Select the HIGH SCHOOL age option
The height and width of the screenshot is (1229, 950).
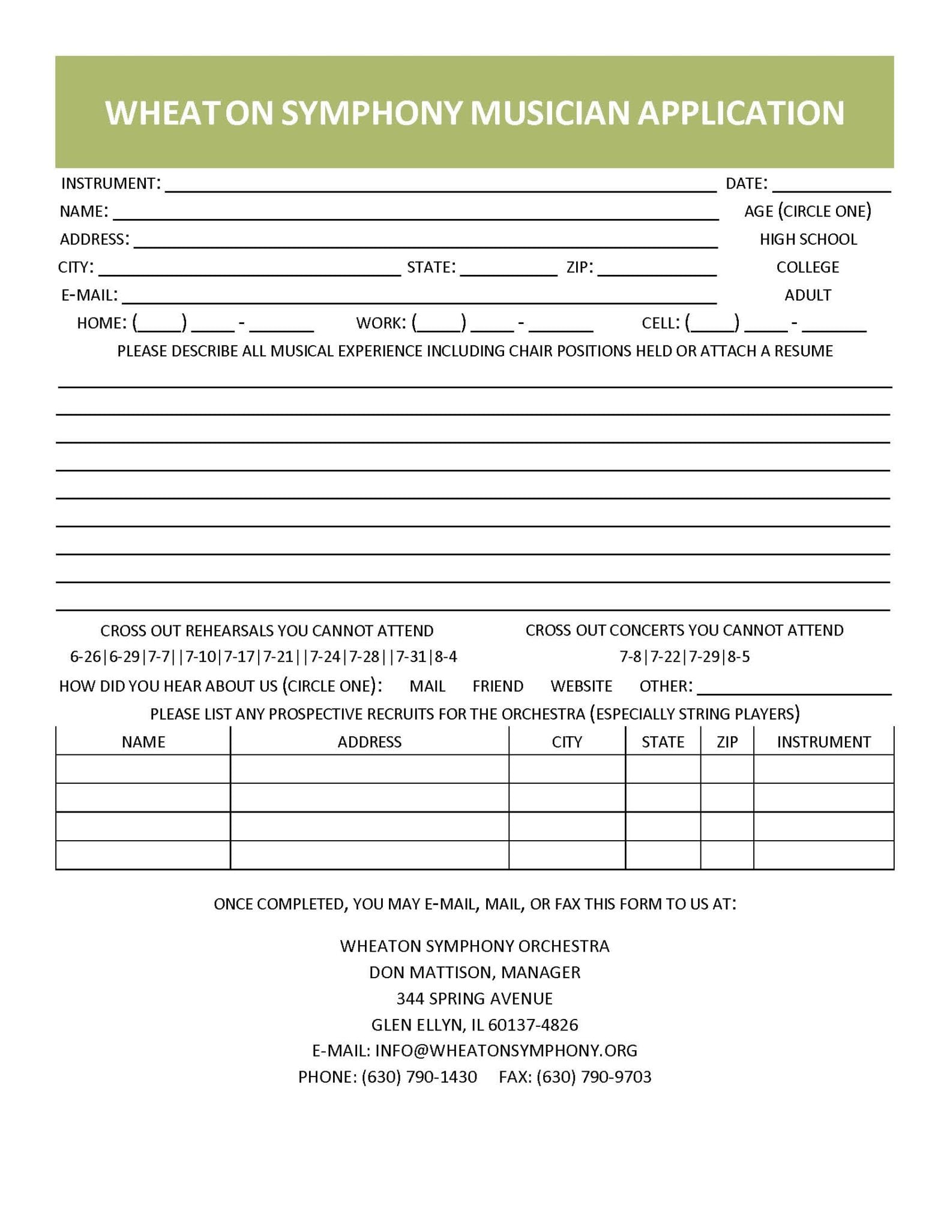pyautogui.click(x=808, y=239)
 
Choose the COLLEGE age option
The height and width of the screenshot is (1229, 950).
pyautogui.click(x=807, y=267)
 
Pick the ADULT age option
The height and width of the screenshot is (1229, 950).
pyautogui.click(x=807, y=295)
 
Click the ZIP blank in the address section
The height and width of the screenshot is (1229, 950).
pyautogui.click(x=657, y=269)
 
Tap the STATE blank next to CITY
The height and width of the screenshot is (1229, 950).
pyautogui.click(x=508, y=269)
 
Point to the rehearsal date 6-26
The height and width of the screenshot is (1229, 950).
pyautogui.click(x=85, y=657)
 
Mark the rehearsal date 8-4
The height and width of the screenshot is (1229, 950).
pyautogui.click(x=446, y=657)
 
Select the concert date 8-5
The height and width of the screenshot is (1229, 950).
pyautogui.click(x=739, y=657)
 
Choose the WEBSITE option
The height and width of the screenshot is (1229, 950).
pyautogui.click(x=581, y=686)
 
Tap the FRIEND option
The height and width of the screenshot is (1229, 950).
pyautogui.click(x=498, y=686)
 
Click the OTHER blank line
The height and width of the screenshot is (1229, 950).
pyautogui.click(x=793, y=688)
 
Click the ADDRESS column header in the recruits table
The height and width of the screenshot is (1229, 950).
pyautogui.click(x=369, y=742)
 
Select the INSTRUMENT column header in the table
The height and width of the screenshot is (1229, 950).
pyautogui.click(x=823, y=742)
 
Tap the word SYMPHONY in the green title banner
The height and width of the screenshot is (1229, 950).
pyautogui.click(x=372, y=113)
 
